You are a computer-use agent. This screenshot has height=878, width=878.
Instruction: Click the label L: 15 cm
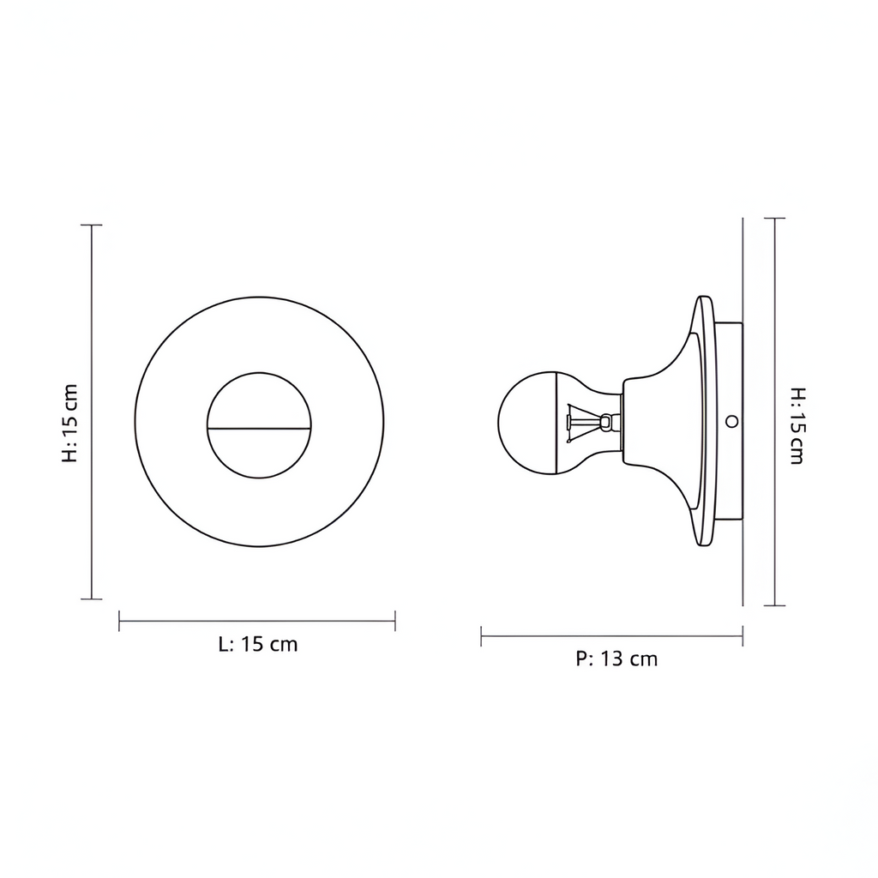tap(258, 645)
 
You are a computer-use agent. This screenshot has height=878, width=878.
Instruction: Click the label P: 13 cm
tap(616, 659)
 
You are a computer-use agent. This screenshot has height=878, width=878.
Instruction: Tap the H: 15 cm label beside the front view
tap(69, 424)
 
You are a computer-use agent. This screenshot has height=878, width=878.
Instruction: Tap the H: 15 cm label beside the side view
tap(797, 425)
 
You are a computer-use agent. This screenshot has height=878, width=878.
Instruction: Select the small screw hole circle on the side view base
tap(731, 421)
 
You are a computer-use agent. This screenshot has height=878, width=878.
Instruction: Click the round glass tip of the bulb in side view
tap(526, 423)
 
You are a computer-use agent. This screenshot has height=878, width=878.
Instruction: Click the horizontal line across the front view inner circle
tap(259, 429)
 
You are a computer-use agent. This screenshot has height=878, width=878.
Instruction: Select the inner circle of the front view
tap(259, 373)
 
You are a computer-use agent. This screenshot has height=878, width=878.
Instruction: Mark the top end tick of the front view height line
tap(91, 226)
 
